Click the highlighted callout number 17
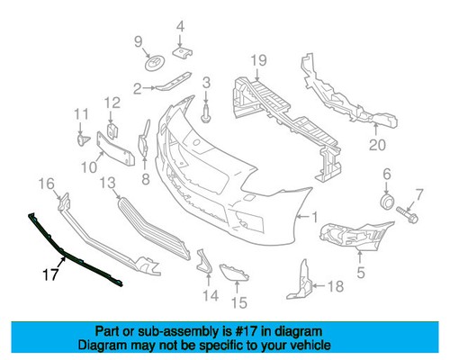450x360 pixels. (50, 274)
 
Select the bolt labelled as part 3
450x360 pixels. (205, 114)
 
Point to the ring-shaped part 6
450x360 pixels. (387, 201)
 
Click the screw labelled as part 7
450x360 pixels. (407, 214)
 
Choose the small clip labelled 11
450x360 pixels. (83, 139)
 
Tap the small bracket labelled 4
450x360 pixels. (183, 52)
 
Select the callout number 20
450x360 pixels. (377, 145)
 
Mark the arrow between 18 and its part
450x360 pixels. (319, 285)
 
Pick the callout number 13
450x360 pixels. (107, 183)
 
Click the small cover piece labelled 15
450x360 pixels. (234, 273)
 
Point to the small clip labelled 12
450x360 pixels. (112, 130)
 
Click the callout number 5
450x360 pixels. (361, 273)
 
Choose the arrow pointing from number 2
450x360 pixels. (149, 88)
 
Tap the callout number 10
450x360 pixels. (89, 167)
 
